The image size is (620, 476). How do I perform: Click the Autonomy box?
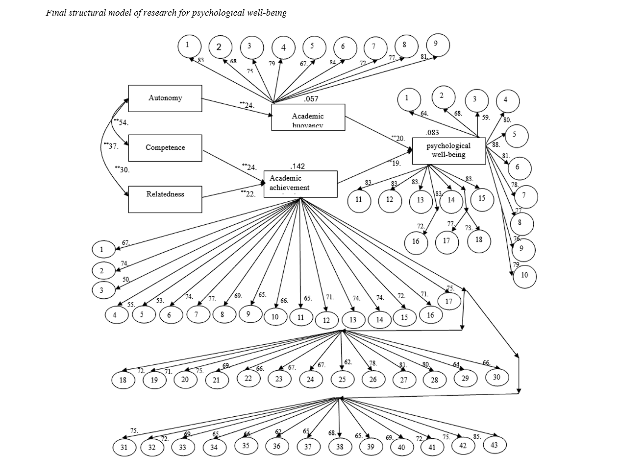165,98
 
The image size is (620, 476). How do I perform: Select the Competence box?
165,148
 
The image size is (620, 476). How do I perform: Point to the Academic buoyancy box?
308,118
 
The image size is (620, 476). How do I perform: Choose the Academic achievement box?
300,184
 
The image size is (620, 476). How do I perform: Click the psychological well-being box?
448,150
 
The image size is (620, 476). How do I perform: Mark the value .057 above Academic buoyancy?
311,99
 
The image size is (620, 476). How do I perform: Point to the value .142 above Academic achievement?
298,167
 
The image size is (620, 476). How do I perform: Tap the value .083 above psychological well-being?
432,133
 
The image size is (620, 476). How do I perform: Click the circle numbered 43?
494,445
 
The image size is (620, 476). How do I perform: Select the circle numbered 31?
124,447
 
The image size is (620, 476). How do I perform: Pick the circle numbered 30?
496,377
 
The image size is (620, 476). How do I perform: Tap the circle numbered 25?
342,379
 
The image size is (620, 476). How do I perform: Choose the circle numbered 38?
340,447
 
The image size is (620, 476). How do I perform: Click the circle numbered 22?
248,378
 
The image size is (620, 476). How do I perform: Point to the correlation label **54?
121,122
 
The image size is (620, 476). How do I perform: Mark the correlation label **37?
110,146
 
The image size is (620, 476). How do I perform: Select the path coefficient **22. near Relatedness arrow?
248,193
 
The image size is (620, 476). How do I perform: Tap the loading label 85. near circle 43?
477,436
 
